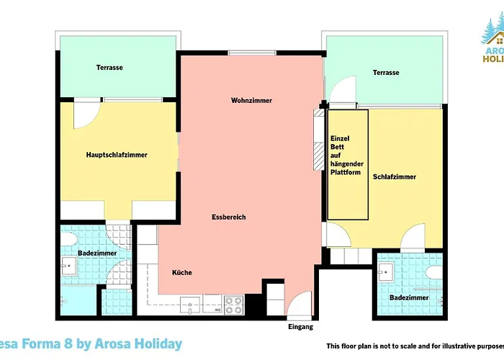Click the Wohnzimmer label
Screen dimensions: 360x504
tap(251, 100)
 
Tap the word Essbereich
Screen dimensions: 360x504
tap(229, 217)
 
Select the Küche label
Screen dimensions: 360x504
tap(181, 272)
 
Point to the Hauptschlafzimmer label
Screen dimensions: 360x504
tap(117, 154)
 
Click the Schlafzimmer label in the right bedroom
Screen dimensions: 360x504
tap(394, 176)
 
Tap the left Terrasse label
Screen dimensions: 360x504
tap(109, 68)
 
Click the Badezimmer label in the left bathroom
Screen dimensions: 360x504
tap(94, 253)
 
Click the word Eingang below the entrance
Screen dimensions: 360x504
tap(300, 327)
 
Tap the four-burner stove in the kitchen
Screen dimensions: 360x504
tap(235, 305)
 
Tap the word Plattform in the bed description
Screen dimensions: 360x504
tap(344, 172)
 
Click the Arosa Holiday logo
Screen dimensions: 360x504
tap(491, 43)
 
